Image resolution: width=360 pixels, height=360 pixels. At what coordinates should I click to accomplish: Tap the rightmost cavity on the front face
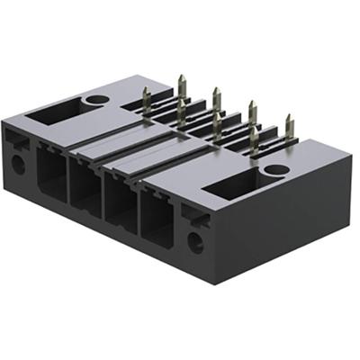pyautogui.click(x=157, y=220)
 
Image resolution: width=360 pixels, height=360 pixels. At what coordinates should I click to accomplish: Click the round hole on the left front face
pyautogui.click(x=17, y=164)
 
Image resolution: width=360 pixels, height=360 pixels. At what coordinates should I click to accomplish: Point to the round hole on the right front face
pyautogui.click(x=195, y=240)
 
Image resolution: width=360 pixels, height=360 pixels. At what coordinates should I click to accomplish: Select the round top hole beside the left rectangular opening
pyautogui.click(x=95, y=99)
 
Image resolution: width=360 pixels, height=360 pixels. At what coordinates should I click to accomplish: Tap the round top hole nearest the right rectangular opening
pyautogui.click(x=277, y=169)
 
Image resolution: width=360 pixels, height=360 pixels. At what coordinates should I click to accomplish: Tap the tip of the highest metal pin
pyautogui.click(x=181, y=78)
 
